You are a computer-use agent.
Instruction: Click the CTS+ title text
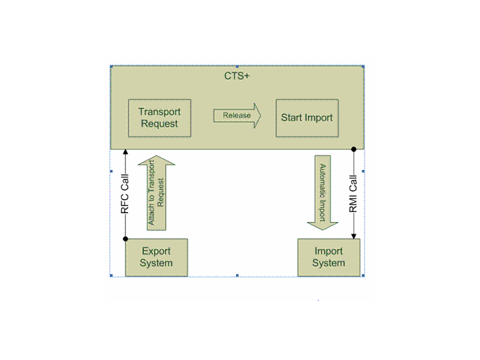(237, 76)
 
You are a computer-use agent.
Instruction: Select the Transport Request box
(159, 118)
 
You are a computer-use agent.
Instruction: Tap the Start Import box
(307, 118)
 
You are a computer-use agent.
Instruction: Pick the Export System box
(156, 257)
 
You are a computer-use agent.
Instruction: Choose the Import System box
(329, 257)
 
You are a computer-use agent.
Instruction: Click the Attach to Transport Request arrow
(158, 193)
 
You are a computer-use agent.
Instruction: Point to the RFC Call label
(125, 194)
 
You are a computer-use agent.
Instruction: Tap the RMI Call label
(354, 194)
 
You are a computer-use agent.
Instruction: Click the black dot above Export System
(125, 239)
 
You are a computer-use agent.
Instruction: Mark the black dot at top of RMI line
(354, 149)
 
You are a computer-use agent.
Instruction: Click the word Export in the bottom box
(156, 251)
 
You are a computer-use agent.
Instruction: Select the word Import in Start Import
(319, 118)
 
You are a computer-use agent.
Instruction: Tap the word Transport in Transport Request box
(159, 112)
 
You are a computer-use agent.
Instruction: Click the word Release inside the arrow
(236, 115)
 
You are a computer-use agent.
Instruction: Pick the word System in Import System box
(329, 263)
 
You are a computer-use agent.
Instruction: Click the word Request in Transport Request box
(159, 124)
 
